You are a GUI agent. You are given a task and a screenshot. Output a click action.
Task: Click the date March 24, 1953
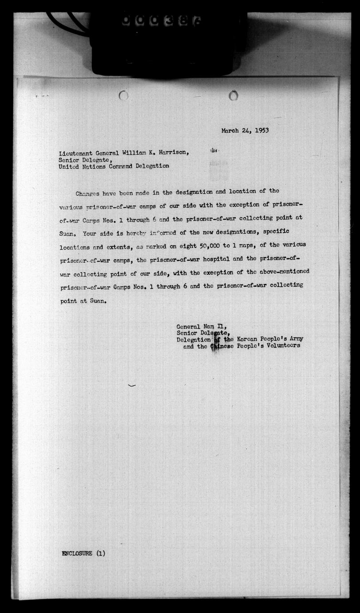[x=245, y=131]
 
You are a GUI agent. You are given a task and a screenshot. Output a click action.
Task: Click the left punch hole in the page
[x=124, y=95]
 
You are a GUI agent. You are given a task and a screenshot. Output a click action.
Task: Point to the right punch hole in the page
[x=233, y=95]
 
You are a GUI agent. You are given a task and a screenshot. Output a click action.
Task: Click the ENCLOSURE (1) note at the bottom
[x=84, y=553]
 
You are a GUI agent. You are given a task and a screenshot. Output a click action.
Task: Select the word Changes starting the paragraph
[x=88, y=194]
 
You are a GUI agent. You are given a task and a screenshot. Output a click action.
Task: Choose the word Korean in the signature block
[x=247, y=339]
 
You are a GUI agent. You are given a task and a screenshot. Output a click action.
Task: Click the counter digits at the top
[x=161, y=20]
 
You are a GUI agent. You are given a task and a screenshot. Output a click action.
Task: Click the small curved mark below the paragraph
[x=131, y=386]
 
